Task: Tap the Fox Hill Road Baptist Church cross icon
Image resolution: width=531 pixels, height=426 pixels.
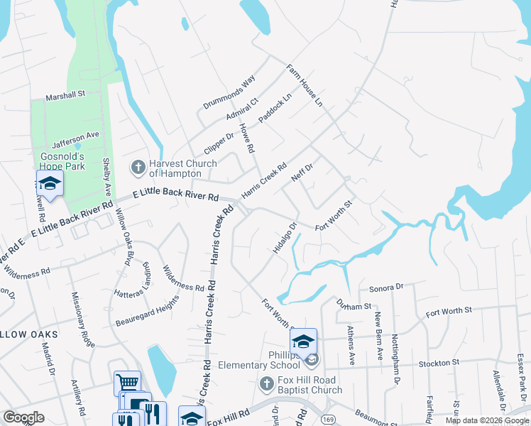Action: point(266,384)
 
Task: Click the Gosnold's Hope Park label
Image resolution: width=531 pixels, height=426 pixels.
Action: point(62,161)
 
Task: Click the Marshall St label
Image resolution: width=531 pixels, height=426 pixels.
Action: point(65,94)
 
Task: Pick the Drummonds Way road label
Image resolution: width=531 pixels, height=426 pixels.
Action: point(229,93)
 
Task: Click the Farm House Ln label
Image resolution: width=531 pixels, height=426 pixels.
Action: point(305,86)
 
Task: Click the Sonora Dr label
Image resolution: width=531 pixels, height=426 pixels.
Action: point(385,288)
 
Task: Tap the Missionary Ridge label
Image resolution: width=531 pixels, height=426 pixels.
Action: point(82,320)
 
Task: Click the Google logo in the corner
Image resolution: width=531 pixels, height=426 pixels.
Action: point(23,417)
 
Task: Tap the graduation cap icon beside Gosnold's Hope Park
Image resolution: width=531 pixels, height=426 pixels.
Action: point(50,183)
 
